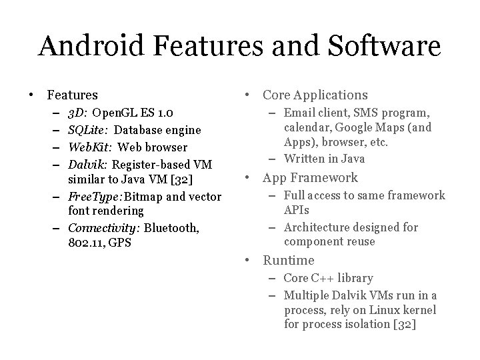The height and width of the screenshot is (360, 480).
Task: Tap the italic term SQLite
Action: [88, 130]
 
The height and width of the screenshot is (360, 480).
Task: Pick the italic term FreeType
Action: [93, 196]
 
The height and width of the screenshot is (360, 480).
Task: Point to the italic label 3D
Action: [77, 114]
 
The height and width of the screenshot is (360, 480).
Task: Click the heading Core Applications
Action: [315, 95]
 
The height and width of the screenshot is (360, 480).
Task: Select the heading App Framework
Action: [310, 178]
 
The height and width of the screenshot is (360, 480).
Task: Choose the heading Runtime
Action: [288, 261]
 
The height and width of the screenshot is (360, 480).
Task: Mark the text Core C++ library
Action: [328, 278]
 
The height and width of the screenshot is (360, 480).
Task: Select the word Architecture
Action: [316, 227]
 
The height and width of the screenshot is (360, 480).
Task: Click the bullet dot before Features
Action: [31, 96]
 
